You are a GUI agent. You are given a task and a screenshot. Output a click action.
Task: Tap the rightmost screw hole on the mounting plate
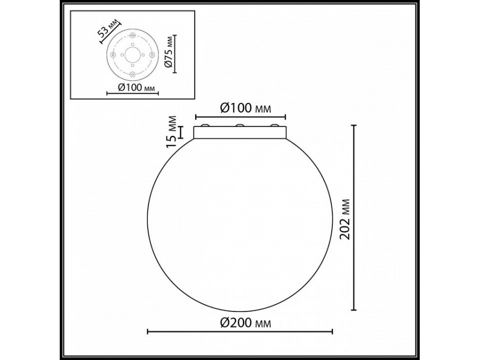coord(151,54)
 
